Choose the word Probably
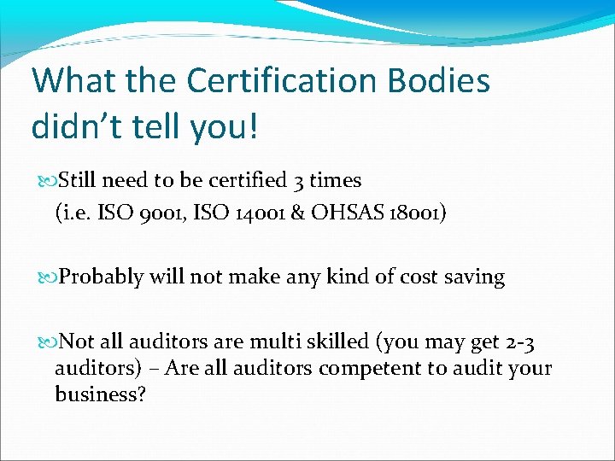tap(102, 277)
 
